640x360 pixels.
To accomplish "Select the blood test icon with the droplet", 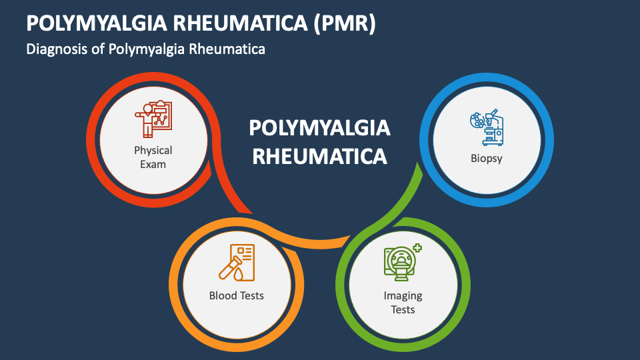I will [x=237, y=262].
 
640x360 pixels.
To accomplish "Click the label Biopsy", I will [x=487, y=159].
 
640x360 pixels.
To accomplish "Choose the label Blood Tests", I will [x=237, y=295].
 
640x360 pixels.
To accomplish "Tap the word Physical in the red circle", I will [x=153, y=150].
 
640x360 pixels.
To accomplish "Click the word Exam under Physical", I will [x=153, y=164].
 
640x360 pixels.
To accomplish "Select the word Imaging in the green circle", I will [x=403, y=295].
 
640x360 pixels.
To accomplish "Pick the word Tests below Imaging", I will [x=403, y=309].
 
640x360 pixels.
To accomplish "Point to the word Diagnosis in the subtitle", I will [x=55, y=49].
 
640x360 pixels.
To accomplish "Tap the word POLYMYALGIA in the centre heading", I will [x=319, y=127].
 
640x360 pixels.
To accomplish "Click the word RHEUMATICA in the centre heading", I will [x=319, y=156].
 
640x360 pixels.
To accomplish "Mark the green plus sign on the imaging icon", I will [x=418, y=247].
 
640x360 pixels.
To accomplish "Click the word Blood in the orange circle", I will [x=223, y=295].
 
